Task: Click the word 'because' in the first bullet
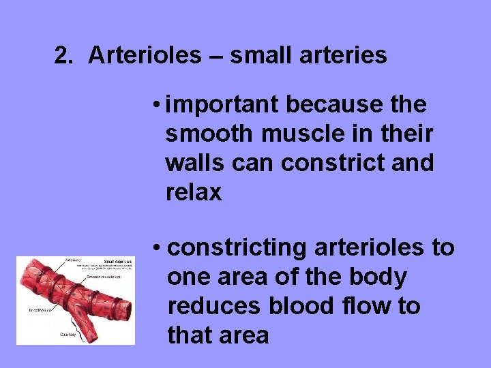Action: coord(332,105)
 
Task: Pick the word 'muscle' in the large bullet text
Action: coord(291,134)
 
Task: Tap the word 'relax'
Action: coord(194,193)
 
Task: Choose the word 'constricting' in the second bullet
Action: coord(237,248)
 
